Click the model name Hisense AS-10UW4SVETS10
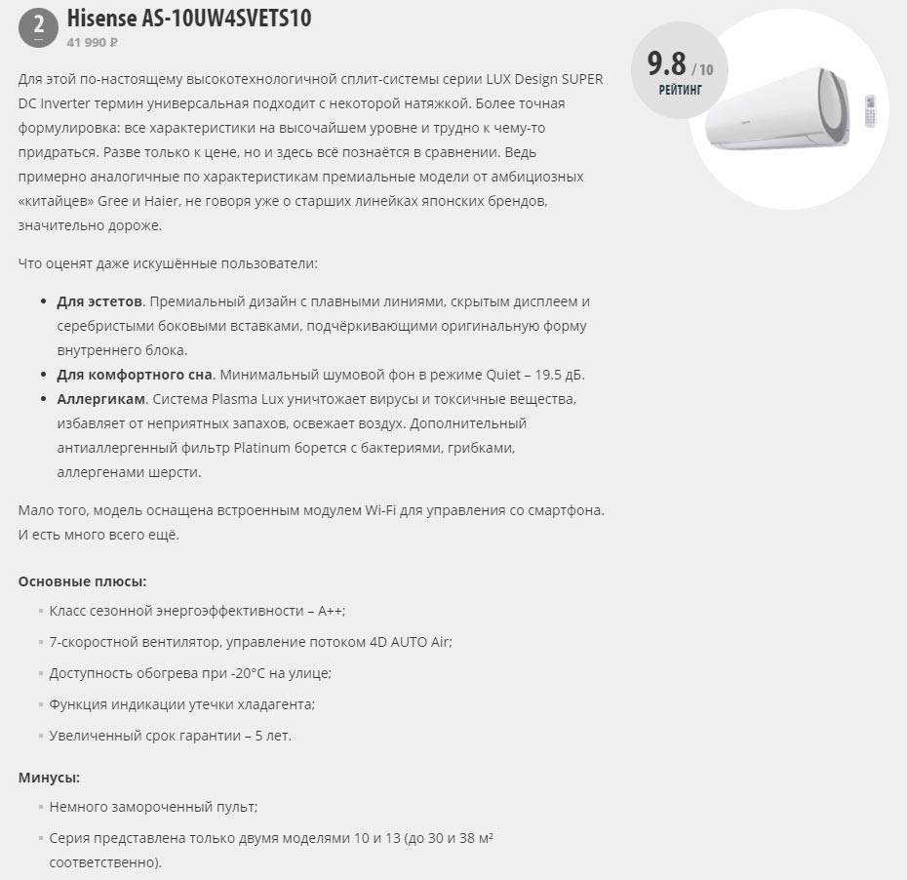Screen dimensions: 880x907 point(189,19)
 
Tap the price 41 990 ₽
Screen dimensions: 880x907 point(93,43)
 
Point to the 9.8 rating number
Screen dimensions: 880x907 point(667,64)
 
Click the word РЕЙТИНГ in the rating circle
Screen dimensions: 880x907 point(680,91)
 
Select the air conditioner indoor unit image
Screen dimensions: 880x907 point(780,109)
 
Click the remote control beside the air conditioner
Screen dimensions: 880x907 point(871,110)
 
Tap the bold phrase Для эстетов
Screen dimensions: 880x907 point(99,301)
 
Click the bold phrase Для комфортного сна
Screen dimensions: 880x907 point(134,375)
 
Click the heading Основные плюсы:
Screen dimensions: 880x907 point(82,581)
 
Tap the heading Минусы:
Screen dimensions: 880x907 point(49,778)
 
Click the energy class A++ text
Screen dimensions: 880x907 point(329,611)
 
